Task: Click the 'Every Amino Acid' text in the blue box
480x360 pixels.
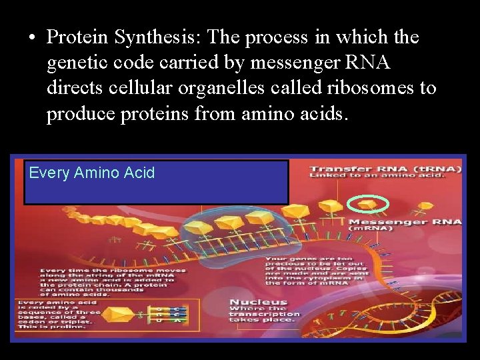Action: (x=92, y=173)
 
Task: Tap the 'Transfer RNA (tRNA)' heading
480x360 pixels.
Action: (x=385, y=169)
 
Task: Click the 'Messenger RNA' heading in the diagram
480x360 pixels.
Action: (x=405, y=221)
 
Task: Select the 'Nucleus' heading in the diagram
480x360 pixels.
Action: (x=259, y=302)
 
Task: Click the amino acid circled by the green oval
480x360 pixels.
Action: (x=369, y=202)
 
